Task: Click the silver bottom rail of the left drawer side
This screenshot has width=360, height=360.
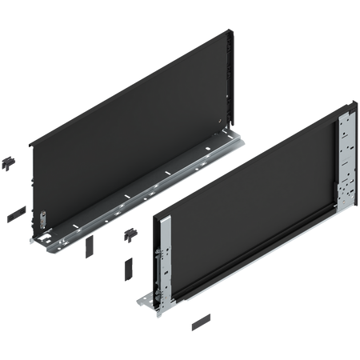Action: [136, 204]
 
